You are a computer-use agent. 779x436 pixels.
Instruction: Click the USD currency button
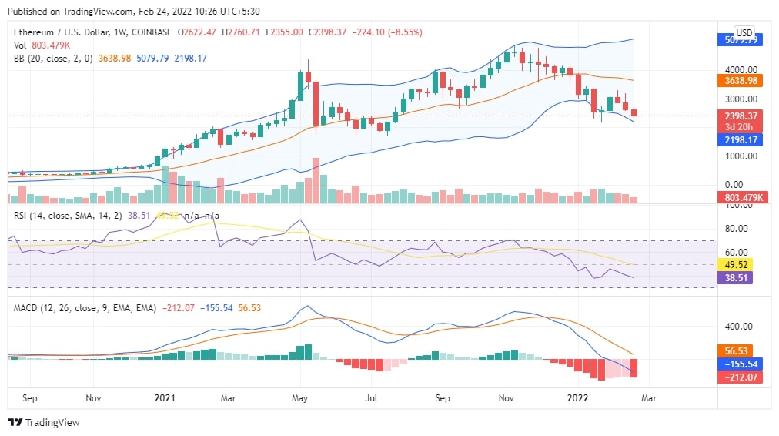744,32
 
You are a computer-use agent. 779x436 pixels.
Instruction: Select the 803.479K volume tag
744,198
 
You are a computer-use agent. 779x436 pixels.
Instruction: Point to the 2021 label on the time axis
165,398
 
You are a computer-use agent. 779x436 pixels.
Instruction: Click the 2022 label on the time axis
577,398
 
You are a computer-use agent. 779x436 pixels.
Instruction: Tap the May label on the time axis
300,398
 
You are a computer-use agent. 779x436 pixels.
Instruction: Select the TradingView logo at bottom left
44,422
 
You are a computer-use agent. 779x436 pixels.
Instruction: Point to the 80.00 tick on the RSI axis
737,228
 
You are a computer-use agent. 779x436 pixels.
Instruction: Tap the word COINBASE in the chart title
152,32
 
